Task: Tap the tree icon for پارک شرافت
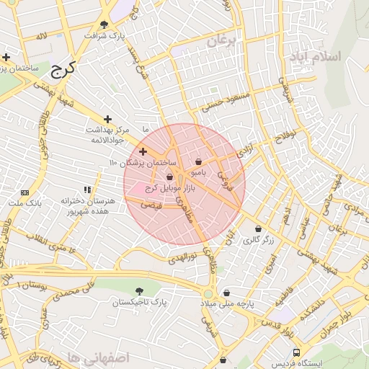(107, 24)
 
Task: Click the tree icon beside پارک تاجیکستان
(138, 291)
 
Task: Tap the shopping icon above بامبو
(198, 162)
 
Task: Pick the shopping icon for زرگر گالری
(257, 228)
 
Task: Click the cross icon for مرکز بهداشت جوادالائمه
(108, 119)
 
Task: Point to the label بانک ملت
(22, 203)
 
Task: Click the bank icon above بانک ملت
(25, 192)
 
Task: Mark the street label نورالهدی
(186, 257)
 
